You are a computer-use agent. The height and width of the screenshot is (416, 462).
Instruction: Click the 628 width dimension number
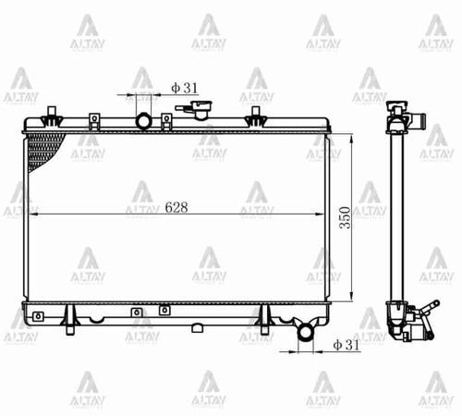pos(176,207)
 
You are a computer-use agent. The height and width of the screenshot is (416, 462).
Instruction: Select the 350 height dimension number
pos(345,218)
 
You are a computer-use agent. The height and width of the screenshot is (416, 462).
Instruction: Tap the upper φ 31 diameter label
pos(185,88)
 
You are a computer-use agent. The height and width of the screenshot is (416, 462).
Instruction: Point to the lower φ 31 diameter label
pos(345,345)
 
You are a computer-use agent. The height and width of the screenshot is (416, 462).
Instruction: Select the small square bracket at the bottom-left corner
pos(36,316)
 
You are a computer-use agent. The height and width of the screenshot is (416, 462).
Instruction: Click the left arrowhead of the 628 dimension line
pos(33,214)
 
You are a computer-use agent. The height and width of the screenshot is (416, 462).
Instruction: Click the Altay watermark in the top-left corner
pos(88,32)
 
